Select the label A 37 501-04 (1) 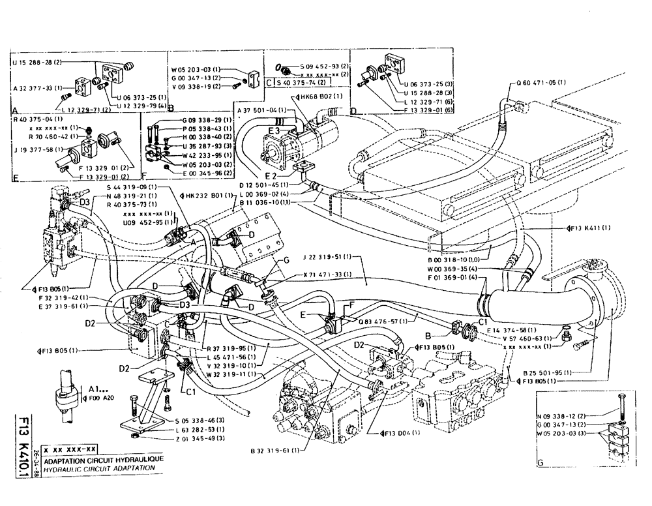click(259, 110)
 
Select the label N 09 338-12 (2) click(563, 415)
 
